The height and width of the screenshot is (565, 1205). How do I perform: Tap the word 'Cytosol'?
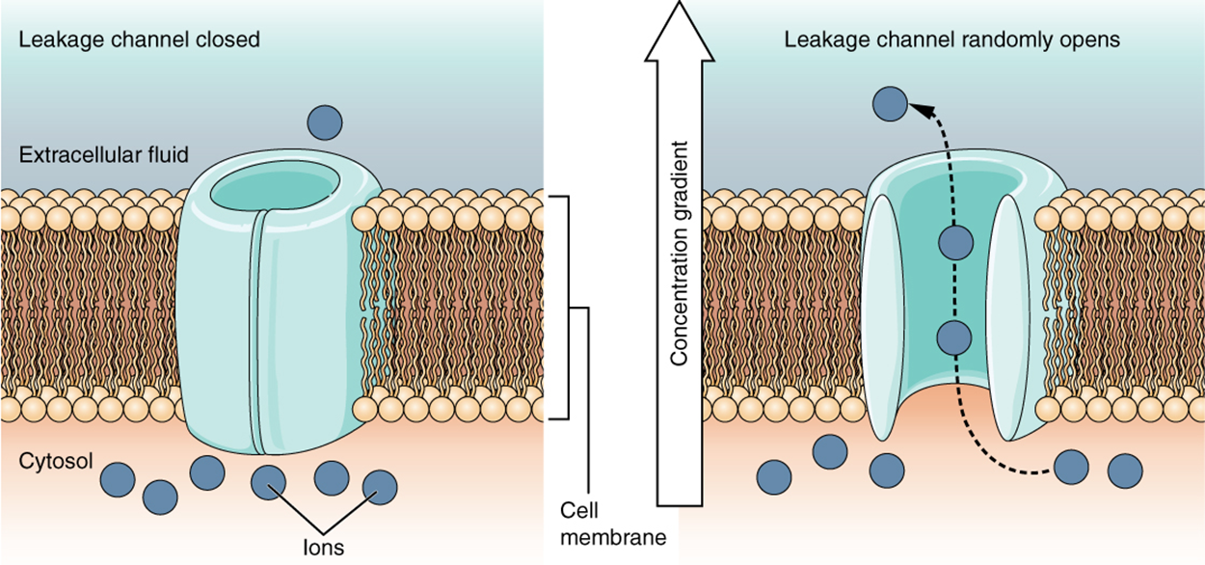click(56, 461)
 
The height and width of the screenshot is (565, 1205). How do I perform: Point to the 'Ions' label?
click(322, 547)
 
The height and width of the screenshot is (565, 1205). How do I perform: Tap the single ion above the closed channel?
click(325, 122)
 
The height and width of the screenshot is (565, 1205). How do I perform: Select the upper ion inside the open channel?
click(954, 242)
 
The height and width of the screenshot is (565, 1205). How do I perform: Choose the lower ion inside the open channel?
click(953, 337)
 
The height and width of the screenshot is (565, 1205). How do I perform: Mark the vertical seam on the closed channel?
click(256, 337)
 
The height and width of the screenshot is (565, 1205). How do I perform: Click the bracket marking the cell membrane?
click(567, 309)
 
